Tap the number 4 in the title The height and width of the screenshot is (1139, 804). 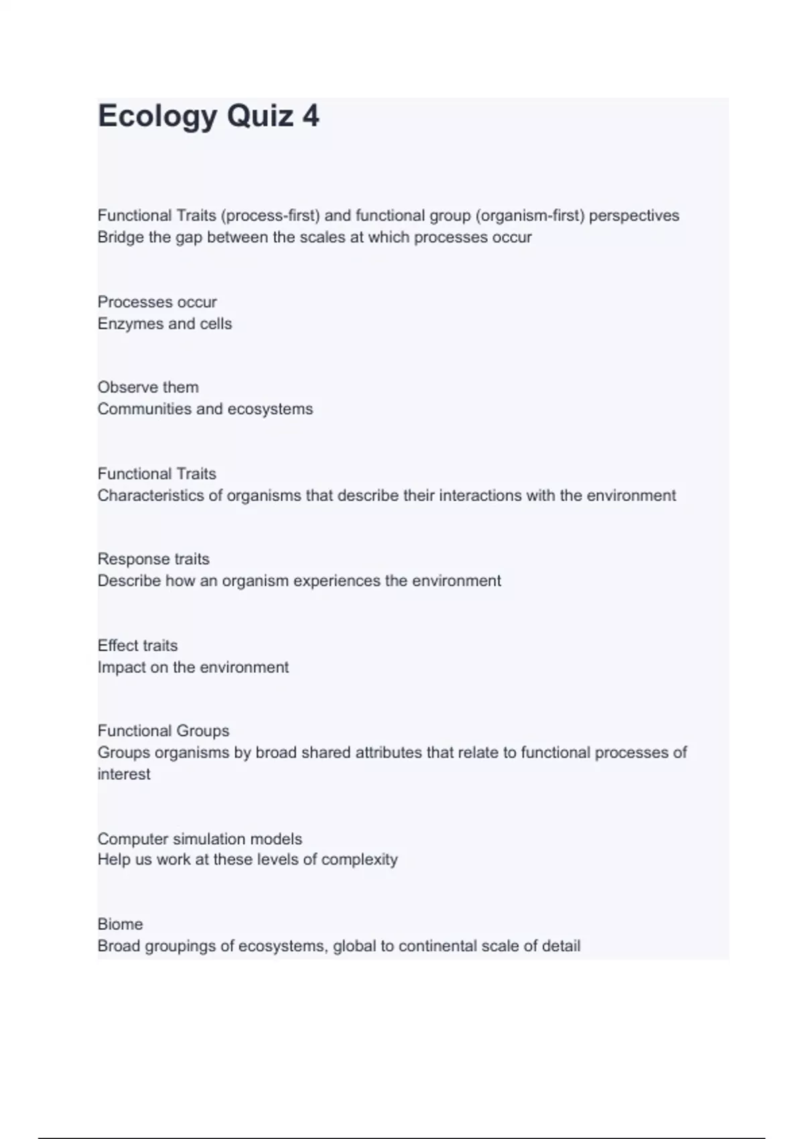[x=310, y=116]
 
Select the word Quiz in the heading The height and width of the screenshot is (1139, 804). [x=260, y=117]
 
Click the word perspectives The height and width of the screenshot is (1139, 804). [x=634, y=216]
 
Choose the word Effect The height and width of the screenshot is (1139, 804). [x=115, y=646]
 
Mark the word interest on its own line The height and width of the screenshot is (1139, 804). [x=124, y=775]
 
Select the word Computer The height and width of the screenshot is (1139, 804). [x=133, y=840]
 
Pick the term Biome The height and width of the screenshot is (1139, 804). [x=120, y=925]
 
